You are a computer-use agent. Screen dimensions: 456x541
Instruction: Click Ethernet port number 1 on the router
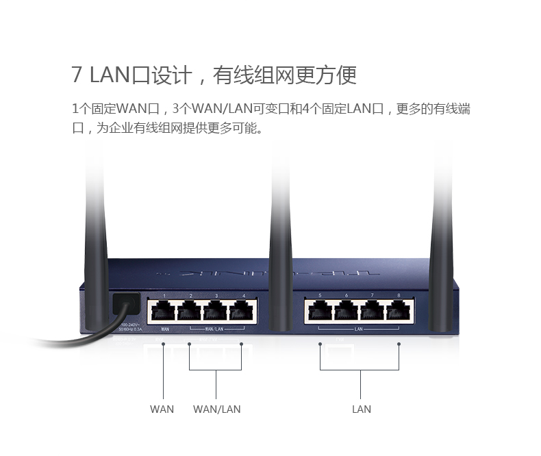tap(164, 312)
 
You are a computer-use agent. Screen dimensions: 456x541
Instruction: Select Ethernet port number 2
tap(190, 312)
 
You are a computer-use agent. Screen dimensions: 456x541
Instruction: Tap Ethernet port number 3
tap(216, 312)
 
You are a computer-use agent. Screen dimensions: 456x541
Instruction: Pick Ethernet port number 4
tap(242, 312)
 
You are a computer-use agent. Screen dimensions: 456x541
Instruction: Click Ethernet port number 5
tap(320, 312)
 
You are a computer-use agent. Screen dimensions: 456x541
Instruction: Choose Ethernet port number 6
tap(346, 312)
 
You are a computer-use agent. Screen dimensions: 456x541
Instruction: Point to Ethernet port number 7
tap(372, 312)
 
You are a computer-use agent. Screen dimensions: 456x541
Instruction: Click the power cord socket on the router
tap(125, 303)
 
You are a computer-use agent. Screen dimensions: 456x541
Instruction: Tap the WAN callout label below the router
tap(162, 409)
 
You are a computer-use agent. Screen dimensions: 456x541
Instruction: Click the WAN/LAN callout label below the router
tap(216, 409)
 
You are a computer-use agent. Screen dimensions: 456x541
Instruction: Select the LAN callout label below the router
tap(361, 409)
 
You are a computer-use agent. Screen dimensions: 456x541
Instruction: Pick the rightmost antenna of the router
tap(442, 226)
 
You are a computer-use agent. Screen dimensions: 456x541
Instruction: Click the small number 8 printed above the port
tap(398, 295)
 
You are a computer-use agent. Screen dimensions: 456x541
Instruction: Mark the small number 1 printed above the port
tap(164, 295)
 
